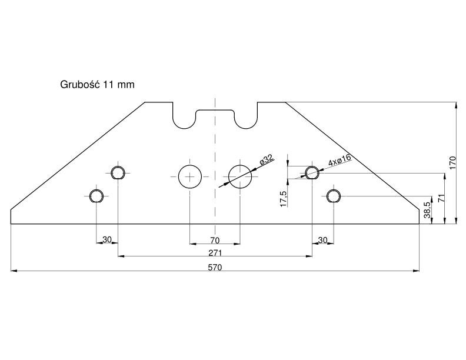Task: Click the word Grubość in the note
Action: coord(79,85)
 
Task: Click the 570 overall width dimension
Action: coord(215,267)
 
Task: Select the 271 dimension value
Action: coord(215,253)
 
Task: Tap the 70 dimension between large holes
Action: coord(215,240)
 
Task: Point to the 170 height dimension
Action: coord(452,163)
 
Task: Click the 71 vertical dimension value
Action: coord(441,198)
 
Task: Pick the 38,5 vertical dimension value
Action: coord(427,210)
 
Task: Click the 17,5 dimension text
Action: coord(284,199)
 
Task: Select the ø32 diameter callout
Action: coord(267,160)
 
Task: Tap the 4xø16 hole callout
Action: coord(339,160)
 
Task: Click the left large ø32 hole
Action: coord(190,176)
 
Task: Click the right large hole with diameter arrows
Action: coord(240,176)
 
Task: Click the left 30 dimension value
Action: coord(107,239)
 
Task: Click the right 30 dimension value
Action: coord(323,239)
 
